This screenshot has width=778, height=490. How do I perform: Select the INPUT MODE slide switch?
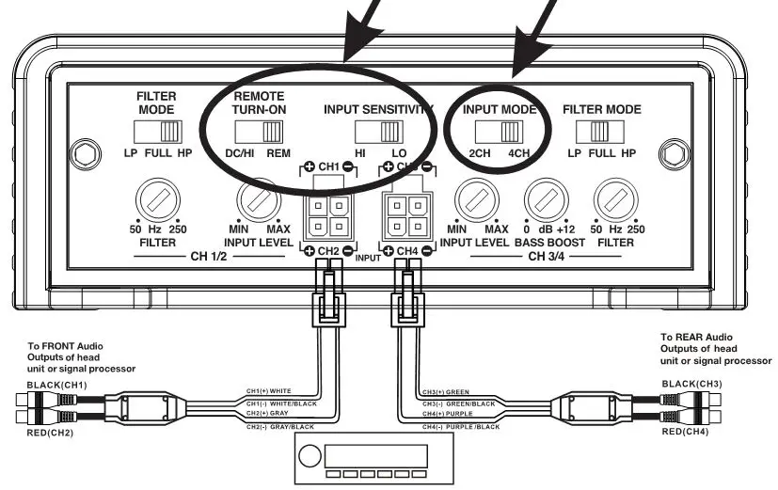tap(500, 131)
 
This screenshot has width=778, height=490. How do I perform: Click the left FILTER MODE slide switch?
tap(157, 132)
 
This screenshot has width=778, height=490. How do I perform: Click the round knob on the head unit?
tap(309, 460)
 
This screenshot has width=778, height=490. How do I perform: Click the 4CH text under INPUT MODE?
tap(518, 153)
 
